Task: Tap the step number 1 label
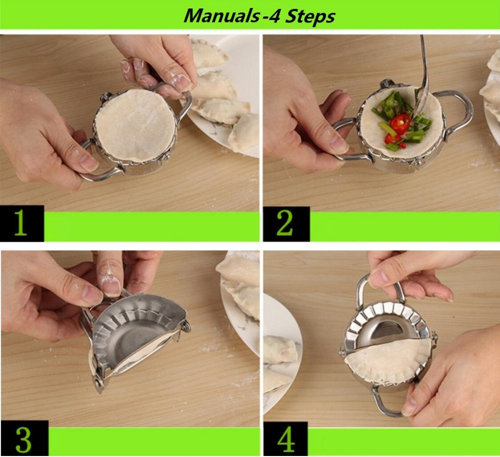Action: pyautogui.click(x=20, y=224)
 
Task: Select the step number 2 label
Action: pyautogui.click(x=284, y=224)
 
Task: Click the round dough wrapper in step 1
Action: pyautogui.click(x=135, y=125)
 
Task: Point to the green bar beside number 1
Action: pyautogui.click(x=150, y=226)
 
